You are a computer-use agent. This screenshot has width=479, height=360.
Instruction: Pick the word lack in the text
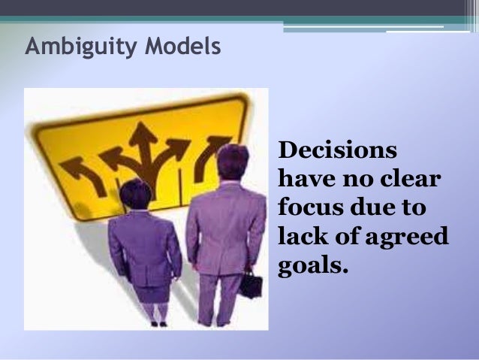point(301,237)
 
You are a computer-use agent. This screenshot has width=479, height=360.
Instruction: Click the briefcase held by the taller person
point(250,285)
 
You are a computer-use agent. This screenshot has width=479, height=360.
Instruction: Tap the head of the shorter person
point(136,193)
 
